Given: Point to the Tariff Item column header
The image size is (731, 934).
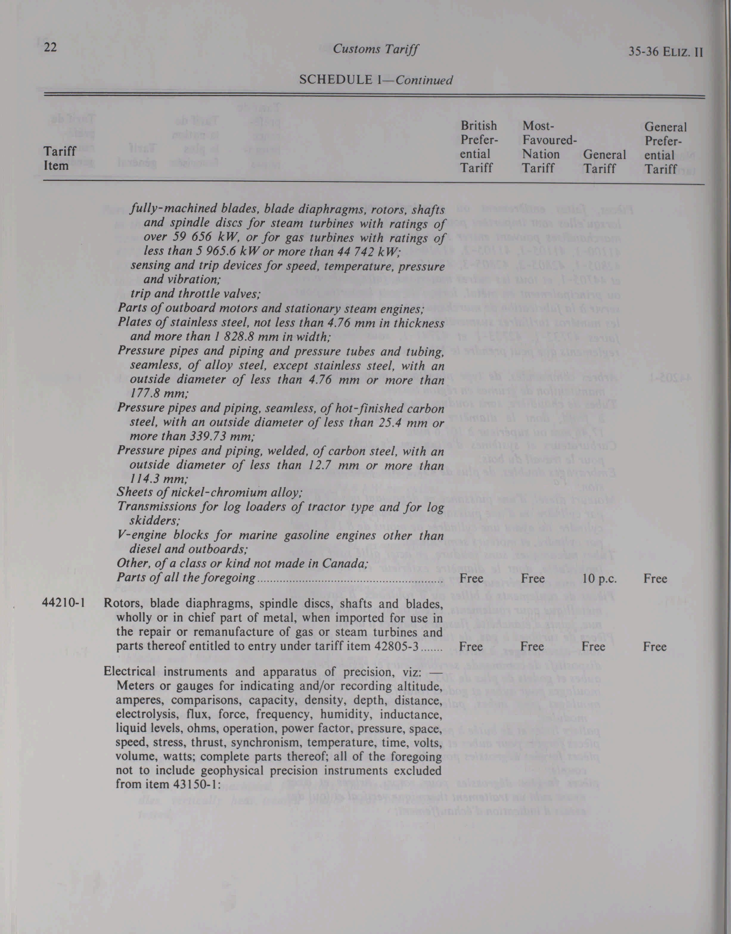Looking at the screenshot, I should coord(60,158).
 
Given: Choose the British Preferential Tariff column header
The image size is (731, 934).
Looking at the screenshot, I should coord(479,147).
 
